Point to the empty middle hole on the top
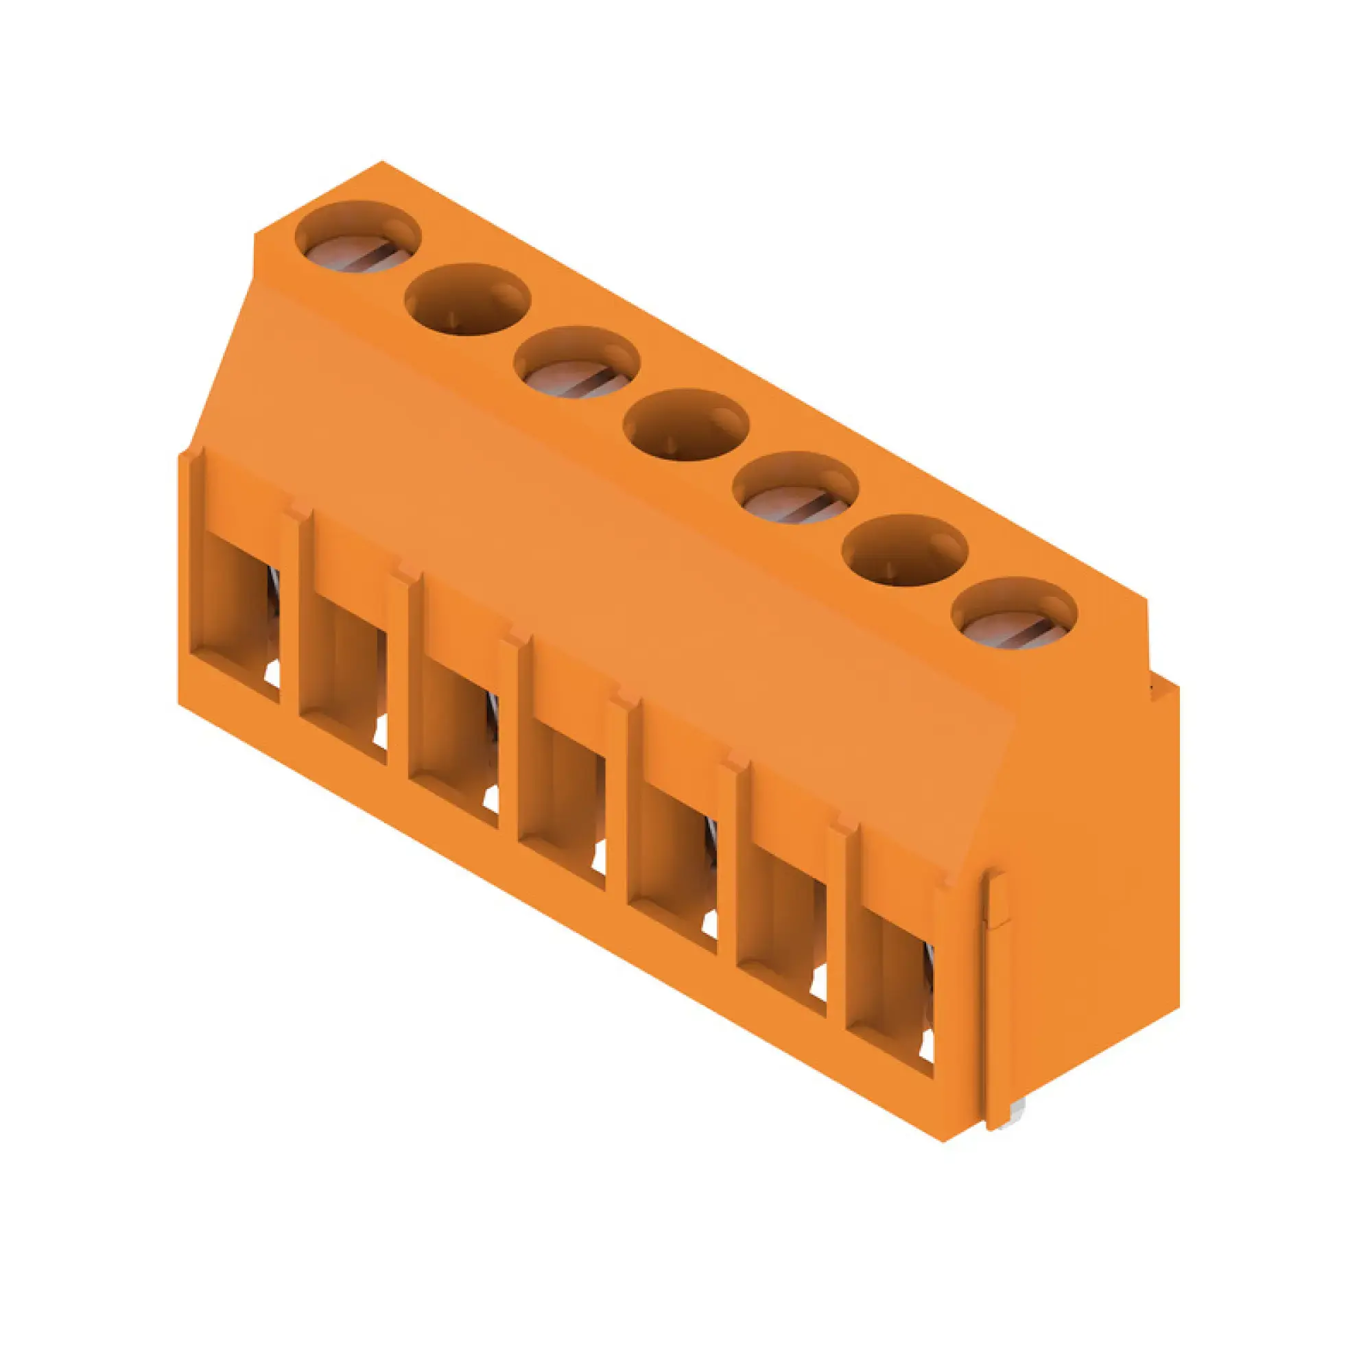pyautogui.click(x=685, y=426)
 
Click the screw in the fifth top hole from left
pyautogui.click(x=795, y=497)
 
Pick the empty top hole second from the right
pyautogui.click(x=905, y=551)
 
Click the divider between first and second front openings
pyautogui.click(x=291, y=611)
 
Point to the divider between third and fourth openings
pyautogui.click(x=510, y=735)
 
